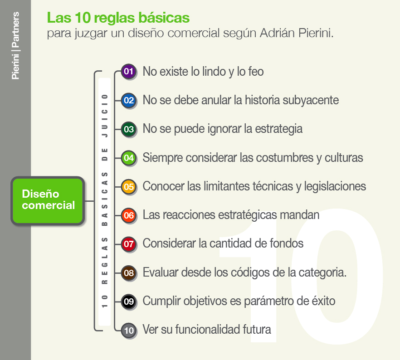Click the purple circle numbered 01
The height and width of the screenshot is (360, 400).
coord(129,72)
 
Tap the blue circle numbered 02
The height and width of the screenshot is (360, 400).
coord(129,101)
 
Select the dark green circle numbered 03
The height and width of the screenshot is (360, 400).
coord(129,129)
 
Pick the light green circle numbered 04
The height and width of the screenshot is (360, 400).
coord(129,158)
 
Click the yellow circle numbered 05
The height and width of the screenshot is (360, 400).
coord(129,187)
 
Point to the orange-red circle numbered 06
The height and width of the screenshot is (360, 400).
coord(129,216)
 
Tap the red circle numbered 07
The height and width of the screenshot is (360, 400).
coord(129,244)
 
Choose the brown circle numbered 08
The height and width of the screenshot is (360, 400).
coord(129,273)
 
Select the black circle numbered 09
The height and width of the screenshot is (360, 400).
coord(129,302)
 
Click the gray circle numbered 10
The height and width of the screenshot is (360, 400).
coord(129,331)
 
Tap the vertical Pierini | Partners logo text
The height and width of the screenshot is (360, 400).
coord(15,46)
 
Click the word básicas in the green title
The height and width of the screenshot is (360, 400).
coord(164,18)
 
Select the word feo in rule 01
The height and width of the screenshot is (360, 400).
coord(256,71)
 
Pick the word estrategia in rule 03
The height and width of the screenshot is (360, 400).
coord(279,129)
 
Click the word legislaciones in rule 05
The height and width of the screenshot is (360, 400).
coord(335,186)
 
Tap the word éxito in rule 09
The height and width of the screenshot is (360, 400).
coord(324,301)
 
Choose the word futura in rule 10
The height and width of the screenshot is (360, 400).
coord(257,330)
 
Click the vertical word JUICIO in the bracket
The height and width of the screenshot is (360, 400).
coord(105,116)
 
